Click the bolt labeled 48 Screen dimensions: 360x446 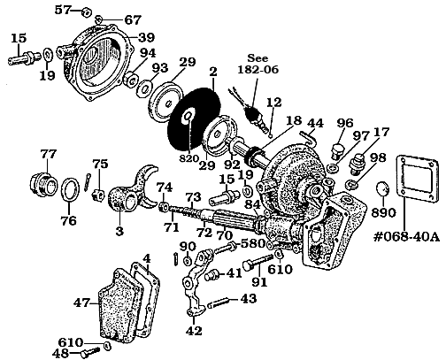tap(84, 352)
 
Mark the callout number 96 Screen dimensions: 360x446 tap(345, 122)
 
